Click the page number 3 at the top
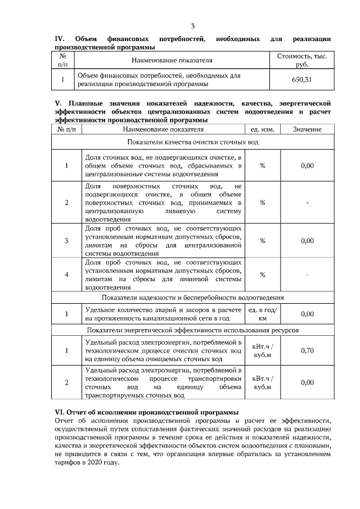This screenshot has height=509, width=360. pyautogui.click(x=192, y=26)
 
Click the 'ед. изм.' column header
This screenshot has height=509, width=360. pyautogui.click(x=262, y=129)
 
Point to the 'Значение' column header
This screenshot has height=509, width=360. pyautogui.click(x=307, y=129)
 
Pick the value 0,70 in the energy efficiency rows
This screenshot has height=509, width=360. pyautogui.click(x=307, y=350)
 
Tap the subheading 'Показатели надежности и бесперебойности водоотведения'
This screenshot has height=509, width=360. pyautogui.click(x=192, y=297)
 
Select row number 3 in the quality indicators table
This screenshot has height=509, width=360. pyautogui.click(x=66, y=241)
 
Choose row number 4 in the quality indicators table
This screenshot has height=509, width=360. pyautogui.click(x=66, y=274)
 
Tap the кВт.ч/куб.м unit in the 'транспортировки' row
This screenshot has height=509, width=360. pyautogui.click(x=262, y=382)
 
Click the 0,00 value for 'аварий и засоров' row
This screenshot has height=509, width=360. pyautogui.click(x=307, y=313)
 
